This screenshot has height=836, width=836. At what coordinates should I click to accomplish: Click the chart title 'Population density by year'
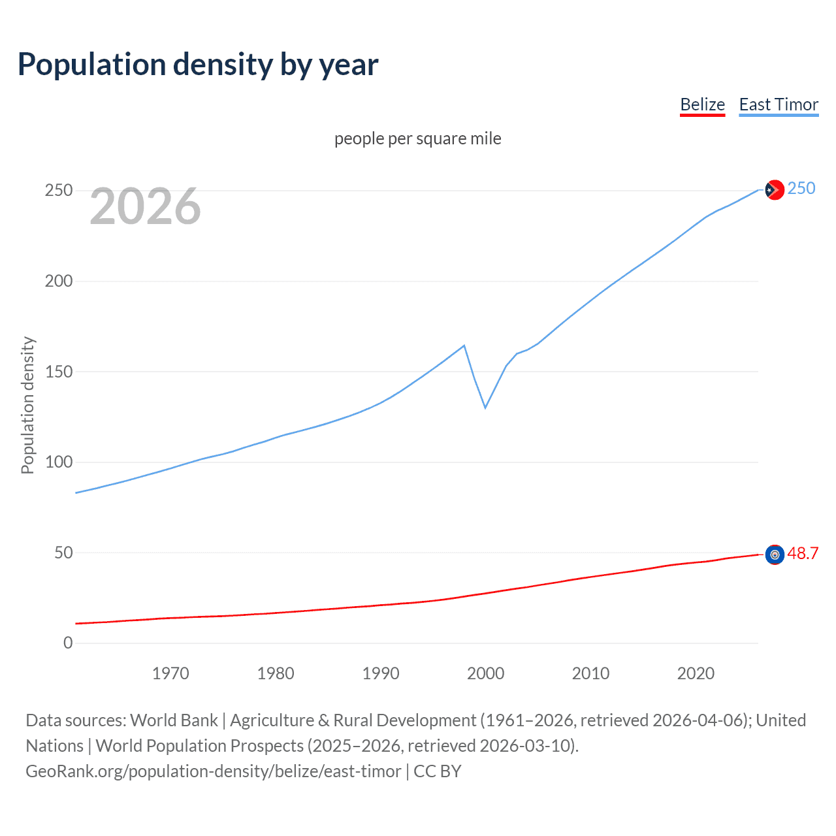point(198,65)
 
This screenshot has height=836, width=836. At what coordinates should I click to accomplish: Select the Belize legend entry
point(702,104)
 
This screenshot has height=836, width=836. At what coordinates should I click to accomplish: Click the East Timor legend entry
point(779,104)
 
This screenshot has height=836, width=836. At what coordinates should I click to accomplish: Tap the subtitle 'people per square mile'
point(417,138)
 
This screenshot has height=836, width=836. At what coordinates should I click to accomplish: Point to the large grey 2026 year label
point(145,206)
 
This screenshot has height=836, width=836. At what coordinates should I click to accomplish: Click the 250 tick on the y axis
point(59,191)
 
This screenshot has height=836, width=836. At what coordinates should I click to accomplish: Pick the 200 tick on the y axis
point(59,281)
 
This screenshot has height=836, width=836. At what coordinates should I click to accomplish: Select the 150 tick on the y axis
point(59,372)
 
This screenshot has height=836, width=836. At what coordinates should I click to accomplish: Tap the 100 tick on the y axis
point(59,462)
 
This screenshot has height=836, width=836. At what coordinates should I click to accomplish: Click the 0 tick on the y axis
point(68,643)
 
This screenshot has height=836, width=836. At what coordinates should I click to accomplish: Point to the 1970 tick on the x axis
point(170,673)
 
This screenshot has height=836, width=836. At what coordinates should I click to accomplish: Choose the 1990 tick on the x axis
point(381,673)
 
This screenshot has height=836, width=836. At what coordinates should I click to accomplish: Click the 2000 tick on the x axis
point(485,673)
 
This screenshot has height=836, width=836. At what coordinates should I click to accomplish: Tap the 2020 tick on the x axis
point(696,673)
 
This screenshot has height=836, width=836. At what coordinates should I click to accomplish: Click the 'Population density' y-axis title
point(27,405)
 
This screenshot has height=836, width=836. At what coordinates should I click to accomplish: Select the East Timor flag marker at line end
point(775,189)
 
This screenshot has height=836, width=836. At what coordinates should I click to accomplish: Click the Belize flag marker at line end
point(775,555)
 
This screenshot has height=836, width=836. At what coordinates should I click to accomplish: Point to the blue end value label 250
point(801,189)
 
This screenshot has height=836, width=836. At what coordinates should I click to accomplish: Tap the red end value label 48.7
point(803,554)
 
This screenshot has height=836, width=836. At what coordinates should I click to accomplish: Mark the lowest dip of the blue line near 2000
point(485,408)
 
